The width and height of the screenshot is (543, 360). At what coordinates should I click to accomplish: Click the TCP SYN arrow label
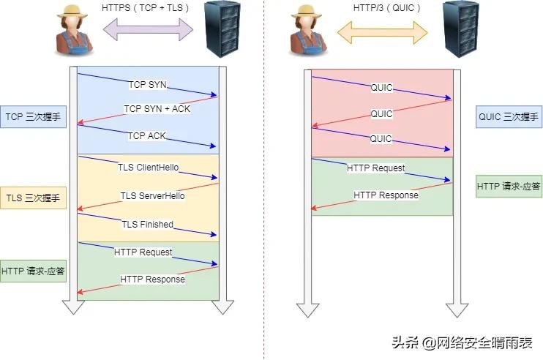(148, 84)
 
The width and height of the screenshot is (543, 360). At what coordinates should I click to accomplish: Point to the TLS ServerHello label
(152, 195)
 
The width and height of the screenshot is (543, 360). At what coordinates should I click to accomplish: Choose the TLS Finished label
(148, 224)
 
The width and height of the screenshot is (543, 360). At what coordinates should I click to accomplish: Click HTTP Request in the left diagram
(143, 252)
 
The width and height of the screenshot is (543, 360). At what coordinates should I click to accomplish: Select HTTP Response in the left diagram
(152, 279)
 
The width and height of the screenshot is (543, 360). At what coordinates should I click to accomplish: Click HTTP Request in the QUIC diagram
(375, 168)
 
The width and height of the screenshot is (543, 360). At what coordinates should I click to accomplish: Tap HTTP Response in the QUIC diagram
(386, 195)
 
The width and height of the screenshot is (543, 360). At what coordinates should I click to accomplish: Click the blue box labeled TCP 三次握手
(34, 116)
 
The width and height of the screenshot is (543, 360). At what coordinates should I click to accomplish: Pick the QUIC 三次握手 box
(508, 116)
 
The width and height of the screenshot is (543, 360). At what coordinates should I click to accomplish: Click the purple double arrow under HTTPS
(149, 30)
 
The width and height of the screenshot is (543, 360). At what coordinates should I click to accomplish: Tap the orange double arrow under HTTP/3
(382, 30)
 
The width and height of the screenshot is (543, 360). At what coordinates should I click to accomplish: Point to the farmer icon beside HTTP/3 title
(307, 29)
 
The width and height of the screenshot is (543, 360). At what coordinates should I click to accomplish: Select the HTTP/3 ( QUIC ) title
(382, 7)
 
